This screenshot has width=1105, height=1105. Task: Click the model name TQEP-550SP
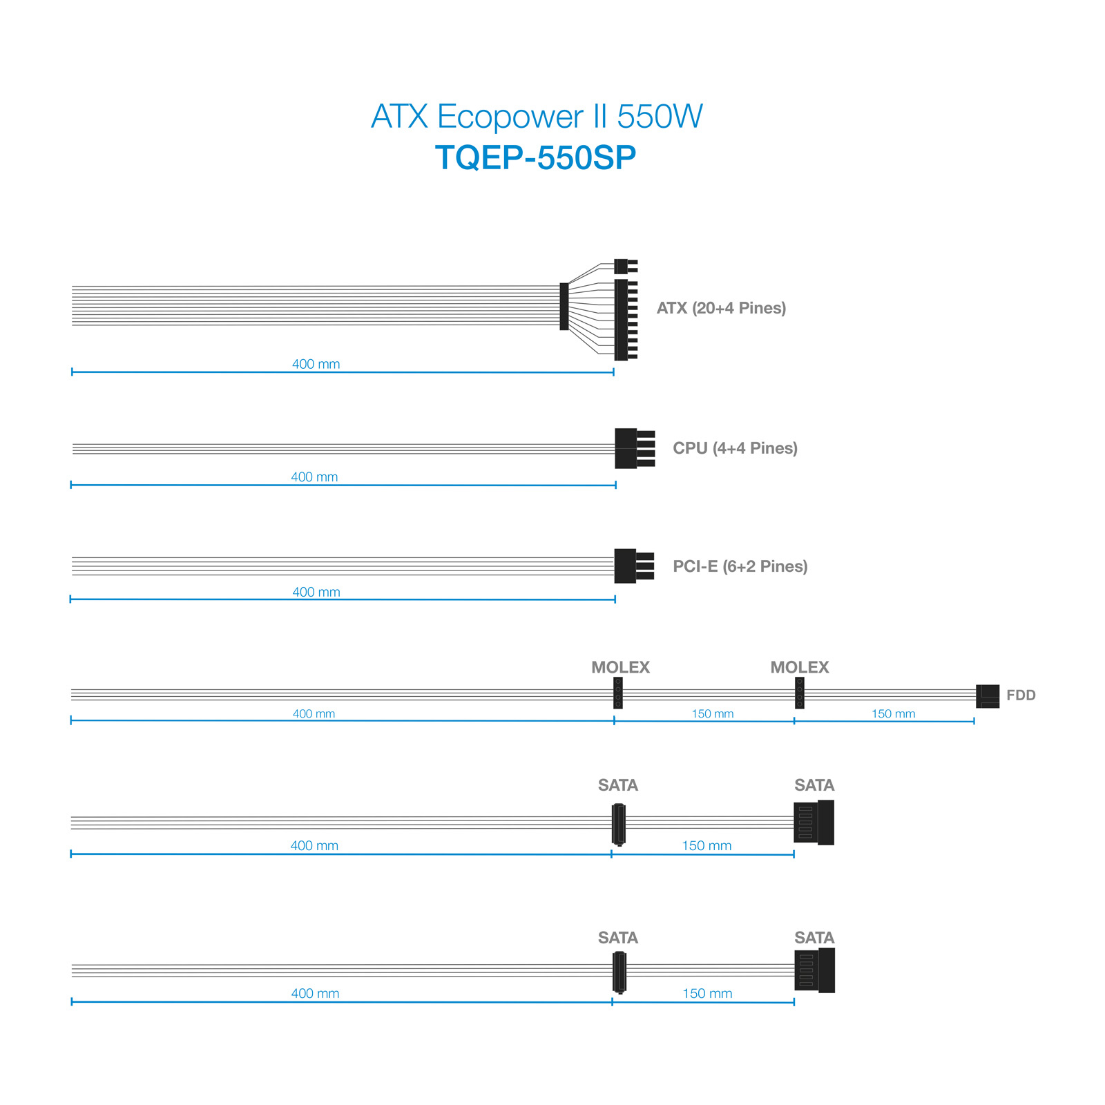click(535, 158)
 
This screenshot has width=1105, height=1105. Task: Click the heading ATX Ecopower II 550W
click(537, 116)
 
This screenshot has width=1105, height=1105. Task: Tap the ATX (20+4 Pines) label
click(721, 308)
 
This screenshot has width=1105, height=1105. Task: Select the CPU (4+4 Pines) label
click(735, 448)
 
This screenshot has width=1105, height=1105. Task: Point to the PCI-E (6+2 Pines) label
click(740, 566)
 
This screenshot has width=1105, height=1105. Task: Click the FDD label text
click(1021, 695)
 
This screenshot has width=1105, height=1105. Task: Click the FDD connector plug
click(988, 696)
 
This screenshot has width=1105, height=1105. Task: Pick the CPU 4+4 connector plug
click(635, 449)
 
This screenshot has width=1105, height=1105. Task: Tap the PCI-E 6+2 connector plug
click(634, 566)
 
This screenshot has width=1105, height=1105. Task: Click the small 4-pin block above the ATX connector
click(626, 267)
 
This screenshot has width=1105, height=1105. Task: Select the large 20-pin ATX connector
click(626, 320)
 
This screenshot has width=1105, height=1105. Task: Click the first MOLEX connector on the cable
click(618, 693)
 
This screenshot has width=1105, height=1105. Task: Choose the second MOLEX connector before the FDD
click(800, 693)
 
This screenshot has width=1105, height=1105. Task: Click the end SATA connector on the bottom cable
click(815, 970)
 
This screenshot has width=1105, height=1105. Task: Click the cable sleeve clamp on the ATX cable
click(564, 307)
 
